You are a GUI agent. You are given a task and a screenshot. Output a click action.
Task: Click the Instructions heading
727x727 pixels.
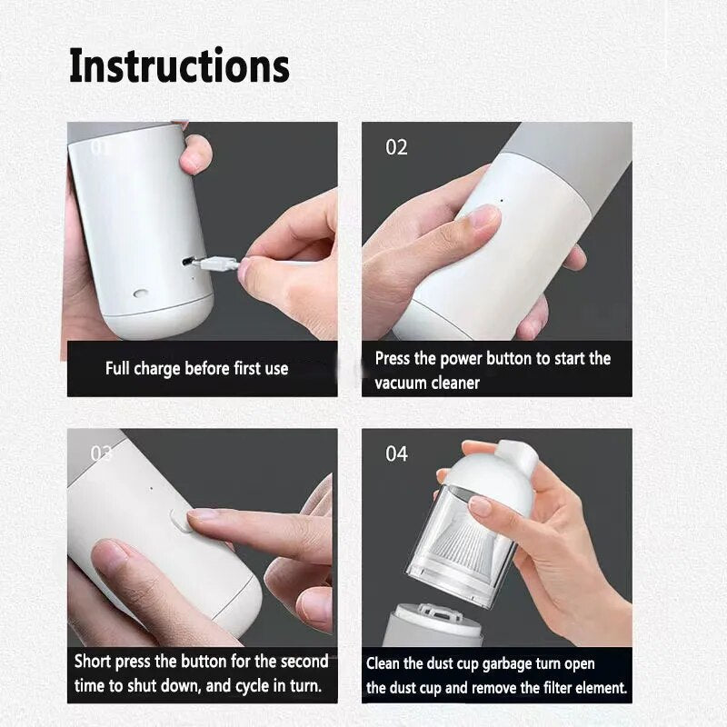pyautogui.click(x=179, y=65)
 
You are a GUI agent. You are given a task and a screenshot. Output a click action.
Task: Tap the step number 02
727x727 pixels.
pyautogui.click(x=396, y=147)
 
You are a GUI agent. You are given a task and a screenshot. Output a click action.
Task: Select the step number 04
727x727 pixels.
pyautogui.click(x=396, y=453)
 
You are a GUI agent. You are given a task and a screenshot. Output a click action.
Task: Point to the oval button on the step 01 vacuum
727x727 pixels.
pyautogui.click(x=141, y=294)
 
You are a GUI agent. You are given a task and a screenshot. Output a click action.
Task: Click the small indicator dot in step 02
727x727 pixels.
pyautogui.click(x=502, y=201)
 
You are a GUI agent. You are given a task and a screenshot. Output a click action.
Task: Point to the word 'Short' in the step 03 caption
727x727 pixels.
pyautogui.click(x=93, y=661)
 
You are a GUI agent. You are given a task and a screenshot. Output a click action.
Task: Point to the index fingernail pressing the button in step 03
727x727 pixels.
pyautogui.click(x=200, y=513)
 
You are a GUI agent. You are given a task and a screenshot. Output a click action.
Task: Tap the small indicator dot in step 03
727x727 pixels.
pyautogui.click(x=152, y=488)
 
